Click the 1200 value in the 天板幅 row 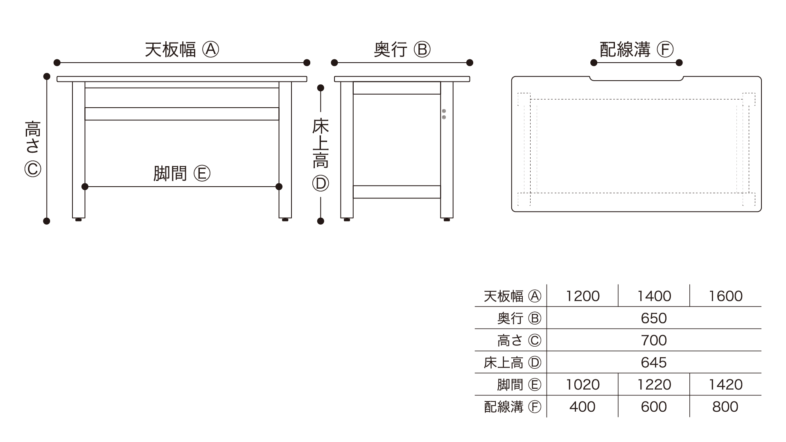(x=583, y=296)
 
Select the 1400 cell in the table (x=654, y=296)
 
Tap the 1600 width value (x=725, y=296)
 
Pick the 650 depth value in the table (x=654, y=318)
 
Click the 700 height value (x=654, y=340)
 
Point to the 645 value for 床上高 (x=654, y=362)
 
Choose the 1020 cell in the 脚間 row (x=583, y=384)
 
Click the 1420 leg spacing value (x=725, y=384)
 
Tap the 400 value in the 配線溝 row (x=583, y=406)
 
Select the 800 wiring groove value (x=725, y=406)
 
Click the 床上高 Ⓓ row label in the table (x=512, y=362)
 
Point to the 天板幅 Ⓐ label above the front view (x=182, y=50)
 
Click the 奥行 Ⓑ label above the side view (x=402, y=50)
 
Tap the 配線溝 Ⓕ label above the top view (x=637, y=50)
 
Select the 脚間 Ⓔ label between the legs (x=182, y=174)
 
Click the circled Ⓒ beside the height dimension (x=33, y=169)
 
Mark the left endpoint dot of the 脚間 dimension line (x=85, y=187)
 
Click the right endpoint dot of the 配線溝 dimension (x=679, y=63)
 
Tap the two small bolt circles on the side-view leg (x=444, y=114)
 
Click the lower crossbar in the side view (x=397, y=192)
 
